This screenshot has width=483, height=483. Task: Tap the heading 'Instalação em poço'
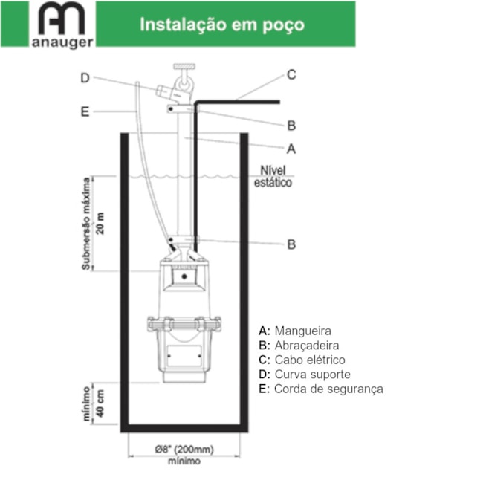(222, 25)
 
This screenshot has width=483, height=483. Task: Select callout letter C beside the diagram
(292, 74)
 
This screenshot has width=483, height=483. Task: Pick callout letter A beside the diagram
(291, 148)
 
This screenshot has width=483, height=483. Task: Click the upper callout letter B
(292, 125)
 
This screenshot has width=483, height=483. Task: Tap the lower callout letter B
(292, 244)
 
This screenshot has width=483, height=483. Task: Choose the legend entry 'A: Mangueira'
(295, 331)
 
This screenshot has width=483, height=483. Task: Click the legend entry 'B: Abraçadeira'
(299, 346)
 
